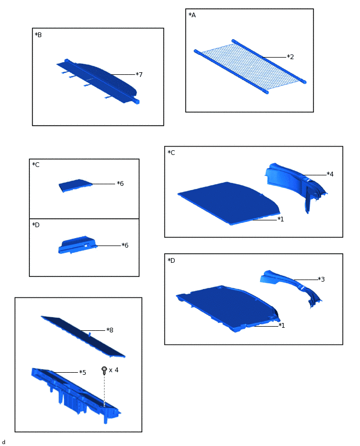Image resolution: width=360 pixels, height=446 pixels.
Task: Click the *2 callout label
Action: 290,57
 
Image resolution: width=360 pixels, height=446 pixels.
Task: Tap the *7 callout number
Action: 139,74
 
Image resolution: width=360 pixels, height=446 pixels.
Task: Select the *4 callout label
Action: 330,174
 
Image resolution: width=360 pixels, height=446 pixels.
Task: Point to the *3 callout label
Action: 321,280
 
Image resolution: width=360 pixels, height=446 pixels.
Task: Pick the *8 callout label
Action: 110,330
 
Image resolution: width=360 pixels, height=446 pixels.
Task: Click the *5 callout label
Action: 83,372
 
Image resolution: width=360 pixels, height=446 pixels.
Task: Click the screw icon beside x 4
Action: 104,370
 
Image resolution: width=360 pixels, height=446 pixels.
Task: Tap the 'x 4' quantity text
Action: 114,370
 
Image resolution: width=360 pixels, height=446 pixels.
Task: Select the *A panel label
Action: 192,15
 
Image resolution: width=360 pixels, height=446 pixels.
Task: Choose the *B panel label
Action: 38,35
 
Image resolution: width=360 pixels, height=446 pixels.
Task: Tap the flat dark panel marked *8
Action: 83,336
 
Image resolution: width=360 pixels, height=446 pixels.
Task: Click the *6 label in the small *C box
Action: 120,183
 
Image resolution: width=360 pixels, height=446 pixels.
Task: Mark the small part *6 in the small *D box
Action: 77,245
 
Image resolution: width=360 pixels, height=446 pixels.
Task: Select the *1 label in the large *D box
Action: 282,326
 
